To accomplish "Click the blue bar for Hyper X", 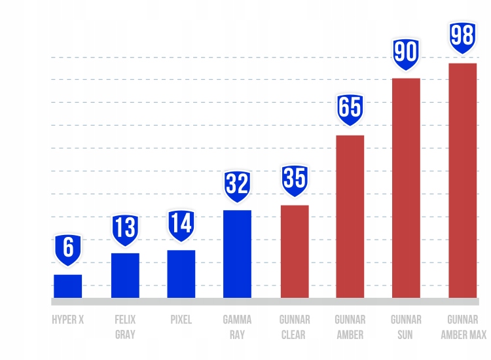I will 67,286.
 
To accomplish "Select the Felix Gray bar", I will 125,275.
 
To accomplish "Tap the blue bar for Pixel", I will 181,274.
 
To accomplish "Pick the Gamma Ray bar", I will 237,254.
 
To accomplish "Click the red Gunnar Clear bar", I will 295,251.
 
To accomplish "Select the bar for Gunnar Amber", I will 350,216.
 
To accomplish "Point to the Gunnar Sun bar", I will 406,188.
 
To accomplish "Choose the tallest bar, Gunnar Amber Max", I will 462,180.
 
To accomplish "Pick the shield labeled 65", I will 350,108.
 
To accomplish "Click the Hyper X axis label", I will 67,321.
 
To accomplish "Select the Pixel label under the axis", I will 181,321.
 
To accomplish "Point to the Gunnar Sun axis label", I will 406,327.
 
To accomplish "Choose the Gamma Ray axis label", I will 237,327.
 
